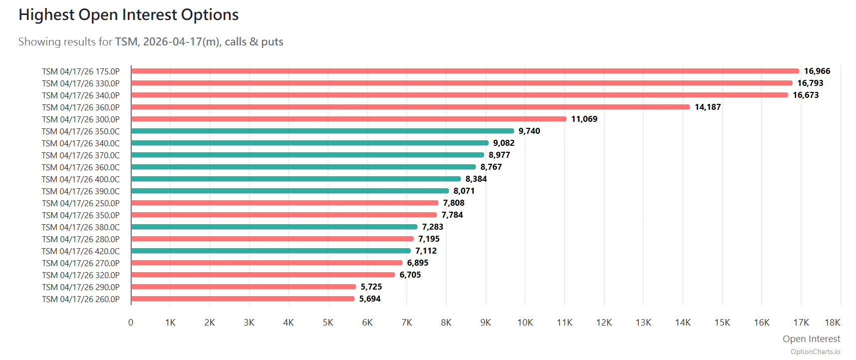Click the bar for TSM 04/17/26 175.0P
tap(464, 71)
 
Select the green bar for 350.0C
tap(322, 131)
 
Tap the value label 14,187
tap(707, 107)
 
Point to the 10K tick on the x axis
tap(525, 323)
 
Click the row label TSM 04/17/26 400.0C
tap(81, 179)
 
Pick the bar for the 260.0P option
tap(243, 299)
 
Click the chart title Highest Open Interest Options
tap(129, 15)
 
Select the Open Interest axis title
tap(811, 339)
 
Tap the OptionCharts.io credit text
tap(815, 352)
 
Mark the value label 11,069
tap(584, 119)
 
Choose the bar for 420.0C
tap(271, 251)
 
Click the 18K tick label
tap(833, 323)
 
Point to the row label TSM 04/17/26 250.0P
tap(81, 203)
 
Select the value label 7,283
tap(432, 227)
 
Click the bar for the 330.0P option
tap(462, 83)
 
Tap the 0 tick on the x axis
tap(131, 323)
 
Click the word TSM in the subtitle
tap(126, 41)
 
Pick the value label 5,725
tap(371, 287)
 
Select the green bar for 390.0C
tap(289, 191)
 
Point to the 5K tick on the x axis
tap(328, 323)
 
